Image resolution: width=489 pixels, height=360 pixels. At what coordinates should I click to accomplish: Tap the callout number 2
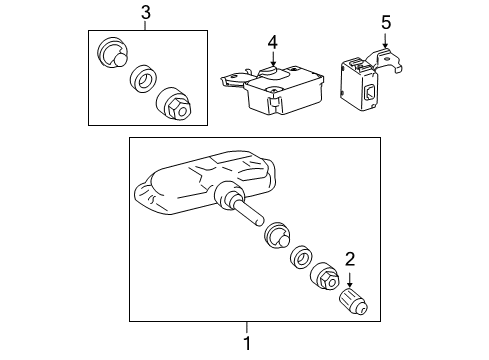click(x=349, y=259)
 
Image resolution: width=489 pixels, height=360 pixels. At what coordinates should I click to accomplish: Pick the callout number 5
click(x=387, y=21)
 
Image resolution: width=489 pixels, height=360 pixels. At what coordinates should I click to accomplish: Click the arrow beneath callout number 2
click(x=349, y=277)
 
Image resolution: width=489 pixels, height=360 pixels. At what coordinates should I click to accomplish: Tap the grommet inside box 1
click(x=276, y=240)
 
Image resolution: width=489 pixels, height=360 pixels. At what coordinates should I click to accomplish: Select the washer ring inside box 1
click(x=301, y=259)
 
